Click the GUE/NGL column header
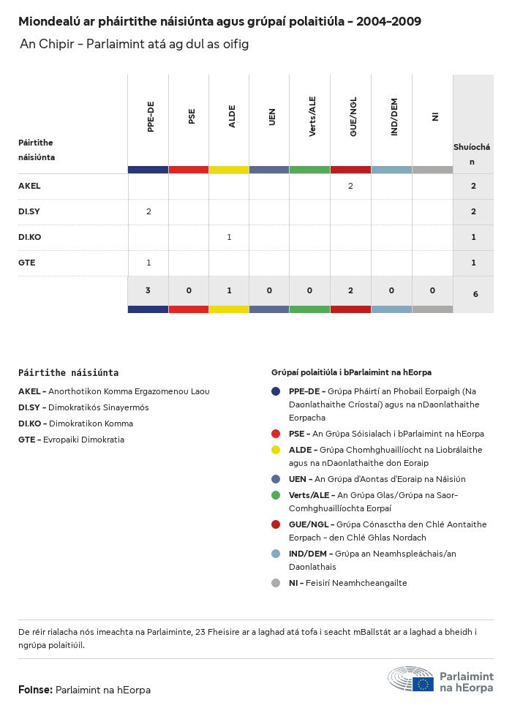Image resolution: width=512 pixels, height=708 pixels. click(353, 118)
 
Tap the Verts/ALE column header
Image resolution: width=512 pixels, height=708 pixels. click(312, 118)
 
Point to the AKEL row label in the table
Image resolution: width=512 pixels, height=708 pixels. click(29, 186)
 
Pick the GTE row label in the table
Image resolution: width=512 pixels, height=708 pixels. click(27, 263)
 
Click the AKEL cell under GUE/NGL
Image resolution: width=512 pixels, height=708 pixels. click(350, 186)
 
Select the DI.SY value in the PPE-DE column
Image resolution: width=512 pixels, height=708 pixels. click(148, 211)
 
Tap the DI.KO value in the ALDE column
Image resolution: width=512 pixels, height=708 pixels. click(229, 237)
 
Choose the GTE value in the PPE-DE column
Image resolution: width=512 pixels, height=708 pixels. click(148, 263)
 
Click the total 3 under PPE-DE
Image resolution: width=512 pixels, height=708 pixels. click(148, 290)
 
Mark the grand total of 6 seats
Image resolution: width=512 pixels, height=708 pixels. click(475, 294)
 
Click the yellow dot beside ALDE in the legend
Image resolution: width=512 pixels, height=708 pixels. click(276, 450)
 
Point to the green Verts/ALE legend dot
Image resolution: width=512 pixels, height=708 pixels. click(276, 495)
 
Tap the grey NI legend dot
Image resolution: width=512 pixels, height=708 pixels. click(276, 583)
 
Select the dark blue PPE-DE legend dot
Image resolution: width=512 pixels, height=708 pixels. click(276, 391)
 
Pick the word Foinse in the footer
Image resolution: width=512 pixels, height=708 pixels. click(34, 690)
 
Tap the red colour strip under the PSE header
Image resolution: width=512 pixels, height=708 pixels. click(189, 170)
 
